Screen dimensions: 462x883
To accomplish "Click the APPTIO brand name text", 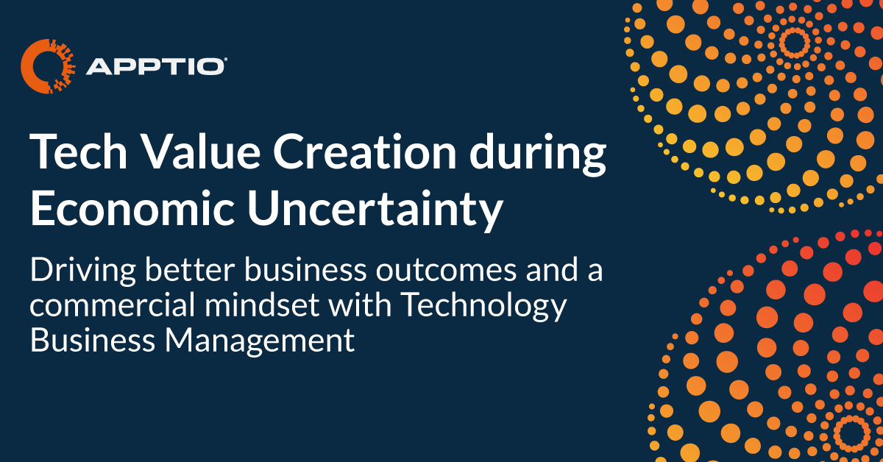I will tap(155, 67).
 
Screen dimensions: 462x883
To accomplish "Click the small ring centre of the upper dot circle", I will tap(794, 43).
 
